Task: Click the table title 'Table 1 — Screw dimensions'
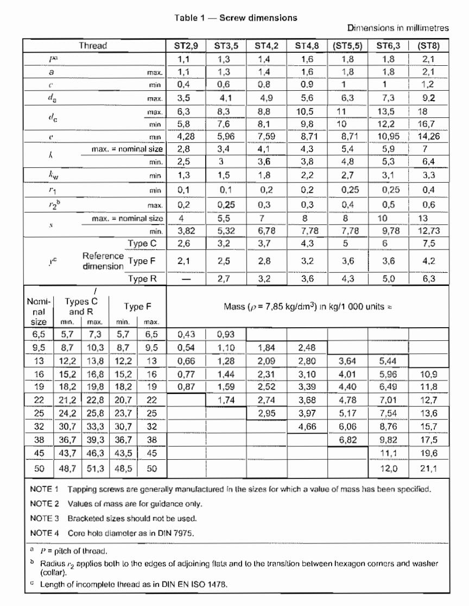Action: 236,17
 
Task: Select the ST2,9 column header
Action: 186,46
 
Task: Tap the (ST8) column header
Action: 429,46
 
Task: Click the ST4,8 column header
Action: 308,46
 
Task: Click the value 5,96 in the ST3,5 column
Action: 226,136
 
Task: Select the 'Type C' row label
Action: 142,243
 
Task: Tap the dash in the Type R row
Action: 186,279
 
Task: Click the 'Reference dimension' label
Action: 103,261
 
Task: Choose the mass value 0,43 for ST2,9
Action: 186,335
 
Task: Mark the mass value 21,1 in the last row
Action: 429,467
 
